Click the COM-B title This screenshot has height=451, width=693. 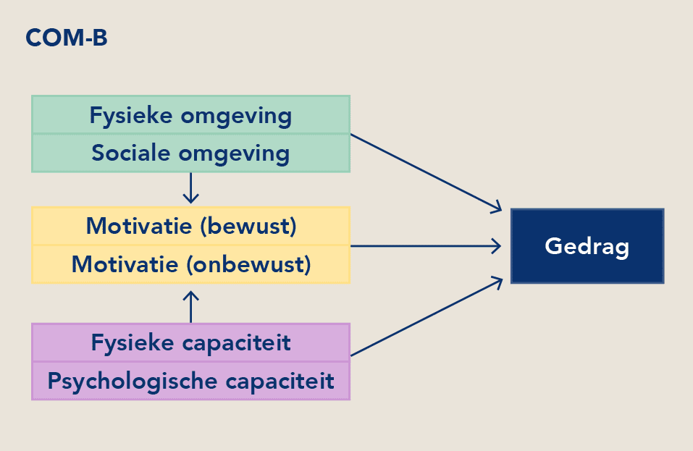click(x=67, y=38)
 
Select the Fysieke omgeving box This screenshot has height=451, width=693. click(x=191, y=115)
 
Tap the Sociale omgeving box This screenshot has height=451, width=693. click(x=191, y=153)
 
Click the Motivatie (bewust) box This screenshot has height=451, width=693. click(x=191, y=226)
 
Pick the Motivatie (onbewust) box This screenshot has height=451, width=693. click(x=191, y=264)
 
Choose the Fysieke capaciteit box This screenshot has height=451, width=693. click(x=191, y=343)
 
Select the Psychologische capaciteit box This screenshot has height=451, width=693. click(x=191, y=381)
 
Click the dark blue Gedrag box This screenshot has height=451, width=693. click(x=587, y=246)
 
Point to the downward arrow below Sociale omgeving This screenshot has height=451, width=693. click(x=191, y=187)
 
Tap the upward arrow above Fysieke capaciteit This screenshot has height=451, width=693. click(x=191, y=307)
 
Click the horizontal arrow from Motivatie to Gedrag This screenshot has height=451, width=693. click(x=426, y=246)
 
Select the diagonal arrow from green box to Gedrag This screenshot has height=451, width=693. click(x=426, y=173)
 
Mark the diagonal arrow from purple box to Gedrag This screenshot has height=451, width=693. click(x=427, y=316)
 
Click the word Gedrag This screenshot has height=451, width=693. click(x=587, y=247)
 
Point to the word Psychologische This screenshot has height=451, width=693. click(x=133, y=382)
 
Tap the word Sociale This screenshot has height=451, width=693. click(x=131, y=153)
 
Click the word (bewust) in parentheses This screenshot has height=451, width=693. click(x=248, y=226)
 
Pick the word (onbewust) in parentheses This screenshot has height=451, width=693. click(x=248, y=265)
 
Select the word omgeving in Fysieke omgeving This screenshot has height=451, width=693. click(x=237, y=117)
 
